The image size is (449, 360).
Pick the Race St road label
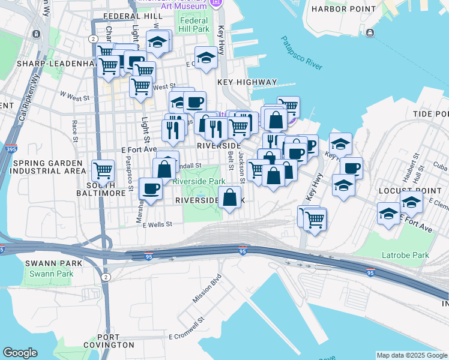click(x=75, y=128)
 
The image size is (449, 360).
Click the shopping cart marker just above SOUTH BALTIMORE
click(x=103, y=170)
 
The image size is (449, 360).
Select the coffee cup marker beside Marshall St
click(x=150, y=189)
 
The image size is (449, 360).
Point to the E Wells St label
click(x=157, y=224)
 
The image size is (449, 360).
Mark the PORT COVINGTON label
click(x=109, y=341)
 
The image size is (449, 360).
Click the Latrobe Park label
click(x=405, y=255)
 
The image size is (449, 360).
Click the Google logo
click(x=20, y=353)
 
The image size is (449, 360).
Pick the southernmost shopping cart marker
click(x=315, y=219)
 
